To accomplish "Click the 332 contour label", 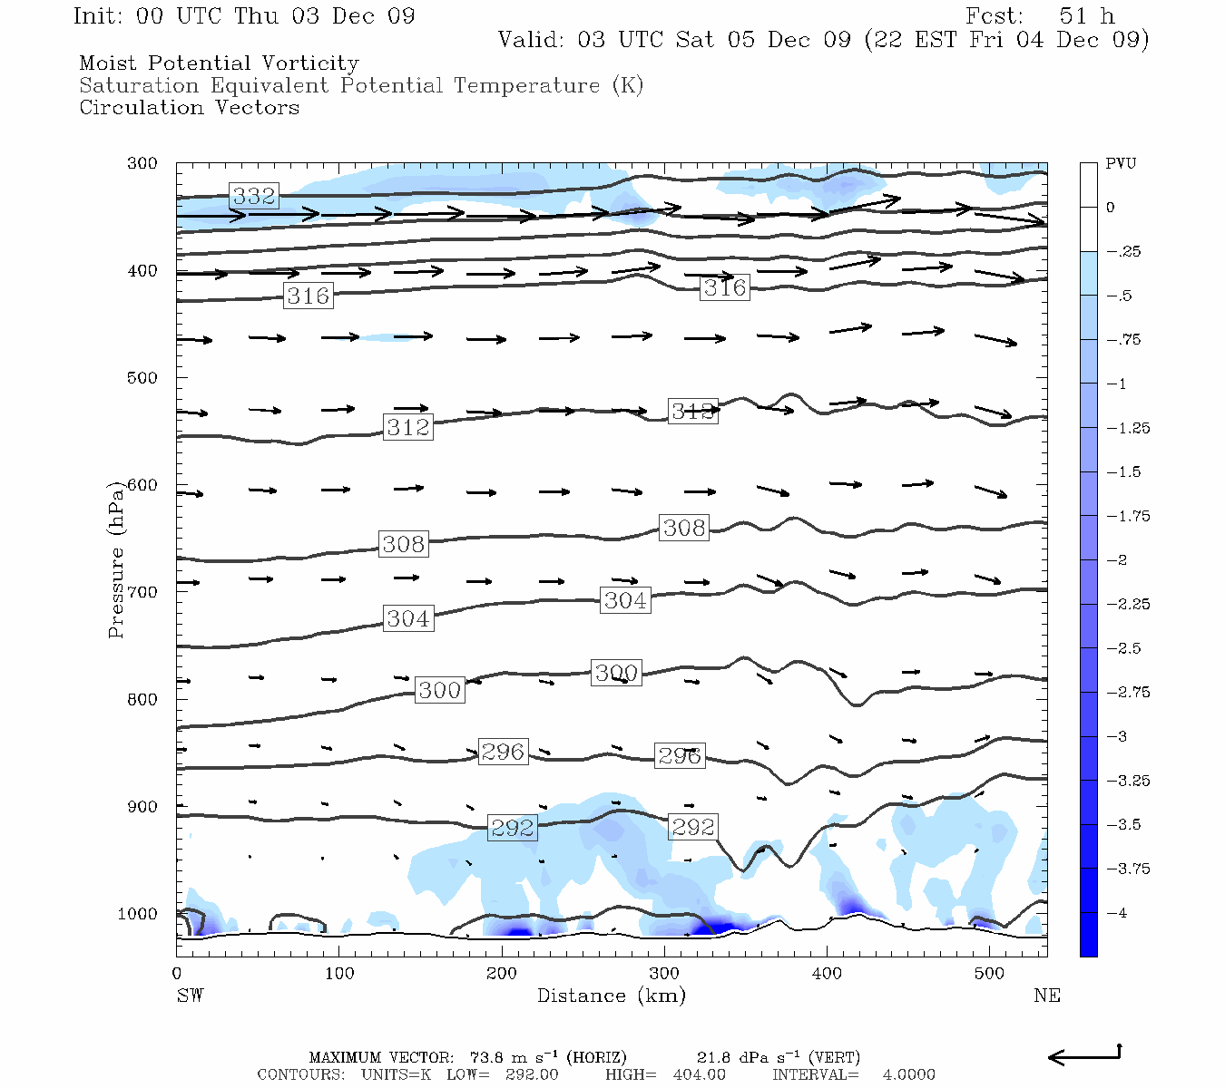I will tap(254, 196).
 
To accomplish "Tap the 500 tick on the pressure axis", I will tap(142, 378).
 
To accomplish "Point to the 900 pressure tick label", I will tap(142, 807).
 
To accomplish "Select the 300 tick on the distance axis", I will tap(664, 974).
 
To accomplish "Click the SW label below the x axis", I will tap(190, 996).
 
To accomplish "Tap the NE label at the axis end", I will tap(1046, 996).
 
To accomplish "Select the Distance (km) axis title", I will tap(611, 996).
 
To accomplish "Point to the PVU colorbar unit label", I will tap(1121, 163).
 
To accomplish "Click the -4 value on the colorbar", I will tap(1116, 913).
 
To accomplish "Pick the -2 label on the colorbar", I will tap(1116, 560).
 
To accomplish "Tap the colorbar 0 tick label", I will tap(1110, 208).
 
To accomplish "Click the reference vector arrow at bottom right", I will tap(1085, 1055).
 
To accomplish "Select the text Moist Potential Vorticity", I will tap(219, 63).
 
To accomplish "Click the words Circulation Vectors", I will tap(189, 108).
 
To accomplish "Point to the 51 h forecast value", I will tap(1086, 16).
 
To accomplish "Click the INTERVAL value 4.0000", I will tap(908, 1074).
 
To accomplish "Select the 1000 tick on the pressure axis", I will tap(138, 914).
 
